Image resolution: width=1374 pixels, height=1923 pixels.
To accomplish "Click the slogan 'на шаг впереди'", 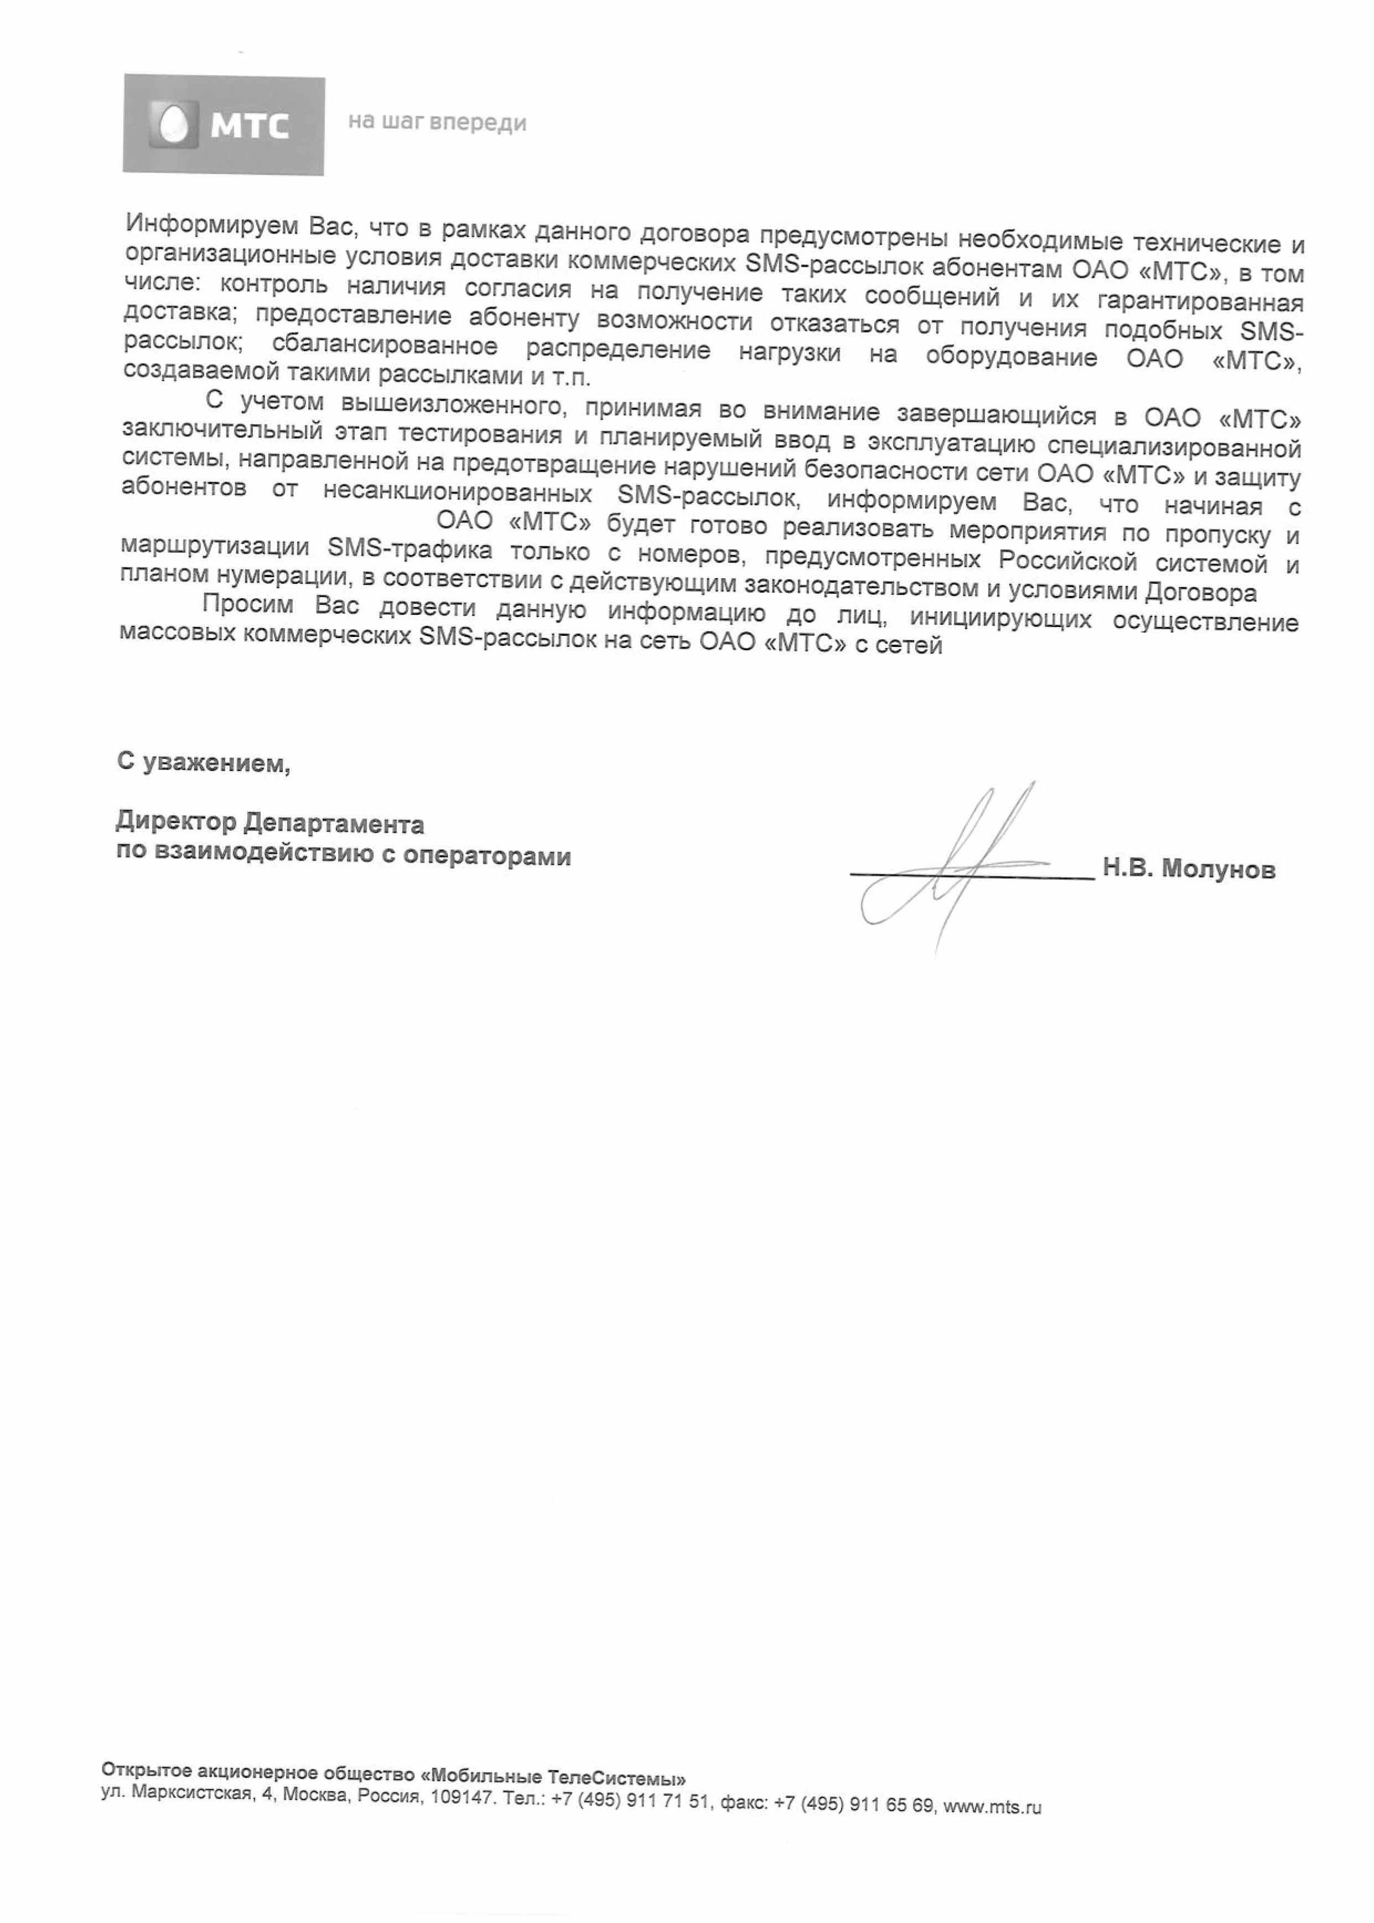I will pyautogui.click(x=437, y=123).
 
